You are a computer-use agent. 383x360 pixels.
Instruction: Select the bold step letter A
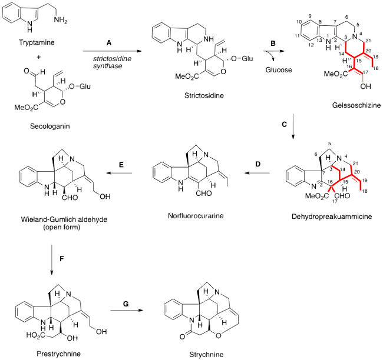[x=108, y=43]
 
